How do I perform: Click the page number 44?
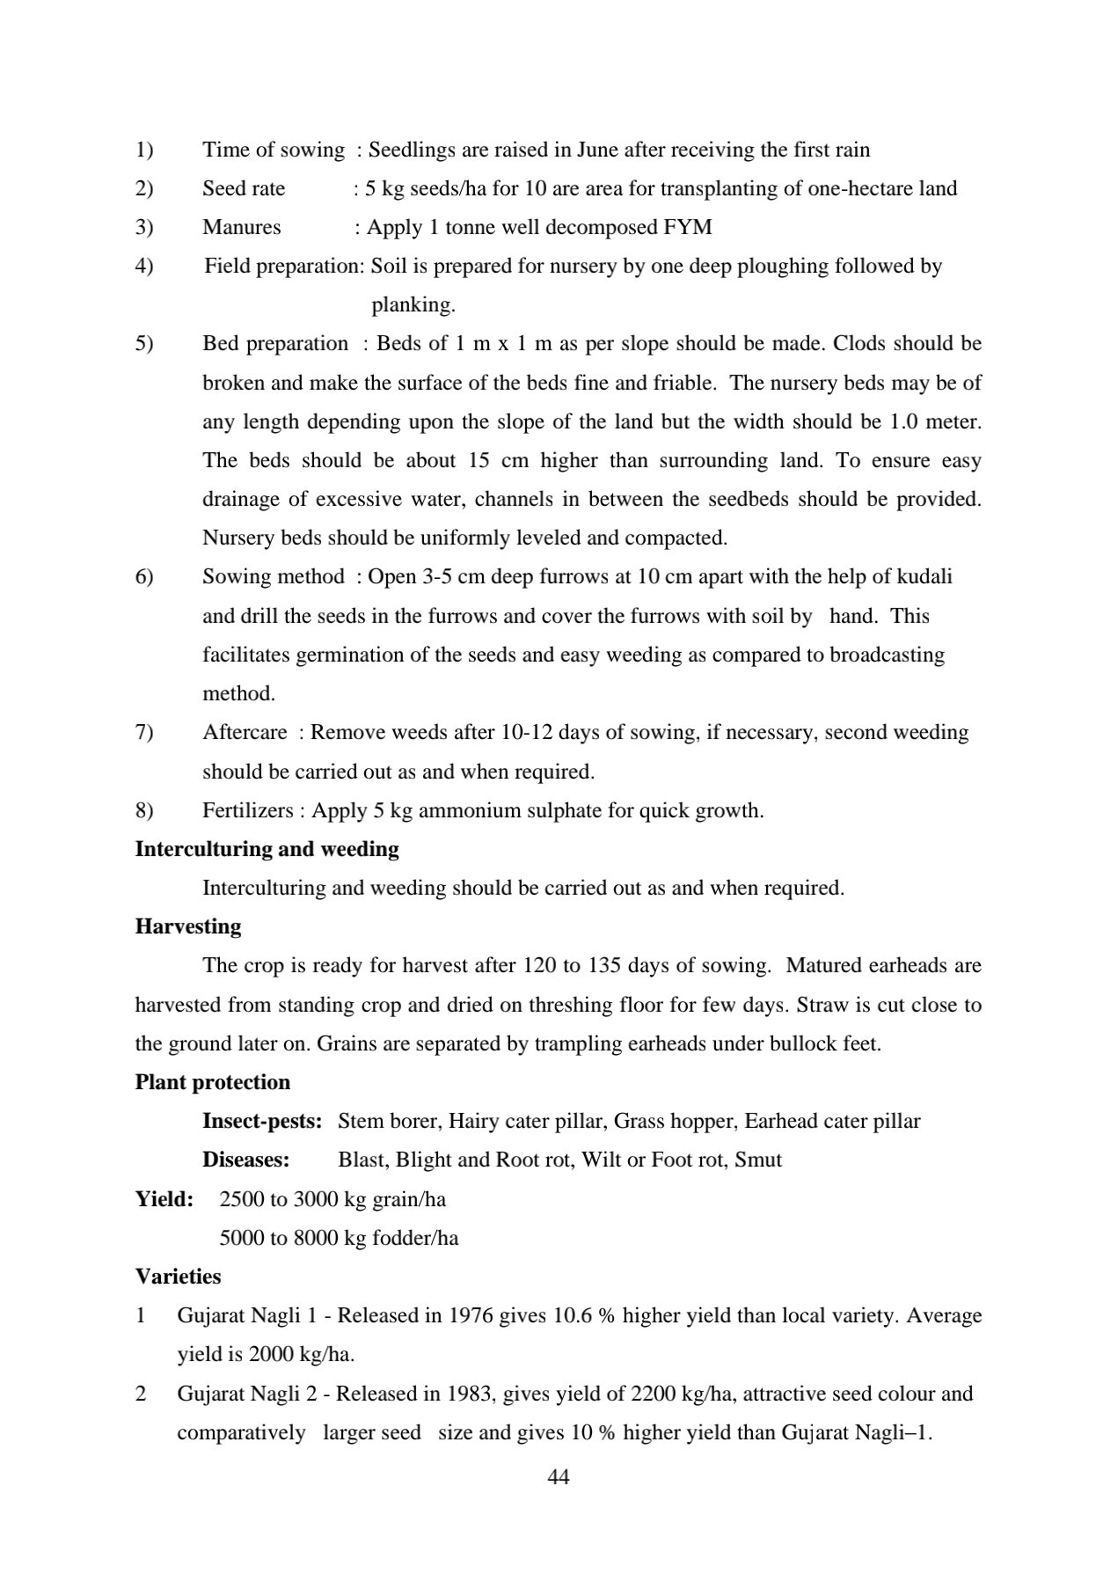[x=559, y=1477]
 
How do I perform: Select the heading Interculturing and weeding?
[x=267, y=849]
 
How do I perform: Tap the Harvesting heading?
[x=187, y=926]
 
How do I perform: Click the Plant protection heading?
[x=212, y=1082]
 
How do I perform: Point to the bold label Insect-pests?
[x=262, y=1121]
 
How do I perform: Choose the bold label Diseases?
[x=245, y=1160]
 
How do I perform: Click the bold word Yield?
[x=164, y=1198]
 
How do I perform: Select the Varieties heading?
[x=178, y=1276]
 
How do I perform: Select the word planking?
[x=413, y=305]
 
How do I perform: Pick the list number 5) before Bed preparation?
[x=144, y=344]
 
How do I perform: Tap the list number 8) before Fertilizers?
[x=144, y=810]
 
